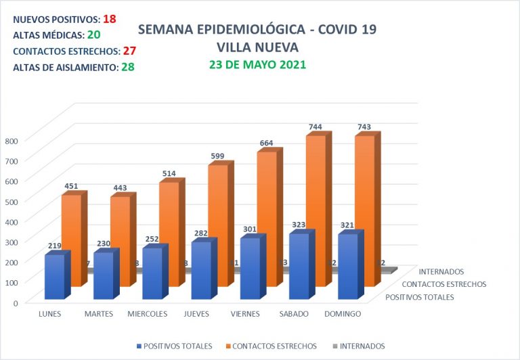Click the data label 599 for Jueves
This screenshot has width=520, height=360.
click(x=217, y=156)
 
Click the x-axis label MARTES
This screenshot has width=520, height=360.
click(x=99, y=314)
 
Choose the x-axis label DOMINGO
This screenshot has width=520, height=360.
click(x=343, y=314)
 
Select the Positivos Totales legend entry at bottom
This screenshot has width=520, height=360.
click(x=174, y=346)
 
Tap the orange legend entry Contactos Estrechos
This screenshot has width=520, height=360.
click(x=270, y=346)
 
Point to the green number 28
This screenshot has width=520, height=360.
click(x=127, y=67)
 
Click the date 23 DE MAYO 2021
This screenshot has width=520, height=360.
click(x=257, y=65)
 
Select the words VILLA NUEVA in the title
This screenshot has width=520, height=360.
click(x=257, y=47)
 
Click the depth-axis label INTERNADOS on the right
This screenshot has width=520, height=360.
click(x=441, y=272)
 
